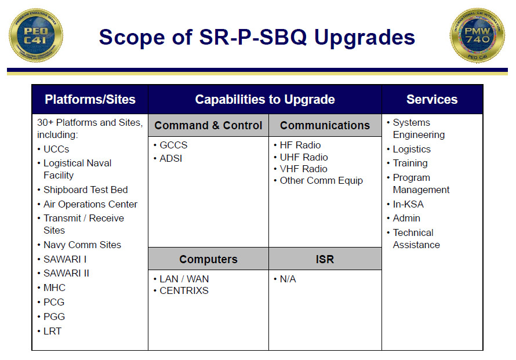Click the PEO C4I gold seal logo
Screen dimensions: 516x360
[36, 35]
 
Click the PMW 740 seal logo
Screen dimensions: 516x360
[477, 35]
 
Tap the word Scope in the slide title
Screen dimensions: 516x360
[132, 37]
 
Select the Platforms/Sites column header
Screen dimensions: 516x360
[90, 99]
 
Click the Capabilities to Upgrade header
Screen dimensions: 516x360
[265, 99]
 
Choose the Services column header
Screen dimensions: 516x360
[432, 99]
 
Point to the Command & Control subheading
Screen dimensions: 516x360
[208, 125]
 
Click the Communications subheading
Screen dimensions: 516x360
[325, 125]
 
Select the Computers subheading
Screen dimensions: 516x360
[208, 259]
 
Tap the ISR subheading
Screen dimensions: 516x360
[325, 259]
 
